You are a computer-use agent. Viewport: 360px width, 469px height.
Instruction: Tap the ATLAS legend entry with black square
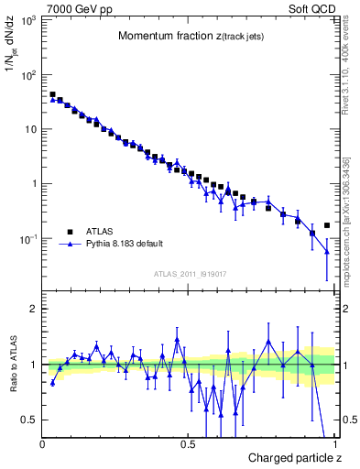coord(99,232)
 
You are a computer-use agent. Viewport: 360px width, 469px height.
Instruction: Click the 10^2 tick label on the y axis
coord(29,74)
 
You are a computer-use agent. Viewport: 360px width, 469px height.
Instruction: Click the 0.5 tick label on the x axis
coord(188,444)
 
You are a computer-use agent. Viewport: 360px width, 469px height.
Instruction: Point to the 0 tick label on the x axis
coord(43,444)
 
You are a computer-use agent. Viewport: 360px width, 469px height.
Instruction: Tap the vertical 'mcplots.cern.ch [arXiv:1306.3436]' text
coord(345,211)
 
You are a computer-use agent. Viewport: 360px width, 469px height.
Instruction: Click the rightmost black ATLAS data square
coord(327,224)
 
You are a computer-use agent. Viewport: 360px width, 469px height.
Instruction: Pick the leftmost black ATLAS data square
coord(52,94)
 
